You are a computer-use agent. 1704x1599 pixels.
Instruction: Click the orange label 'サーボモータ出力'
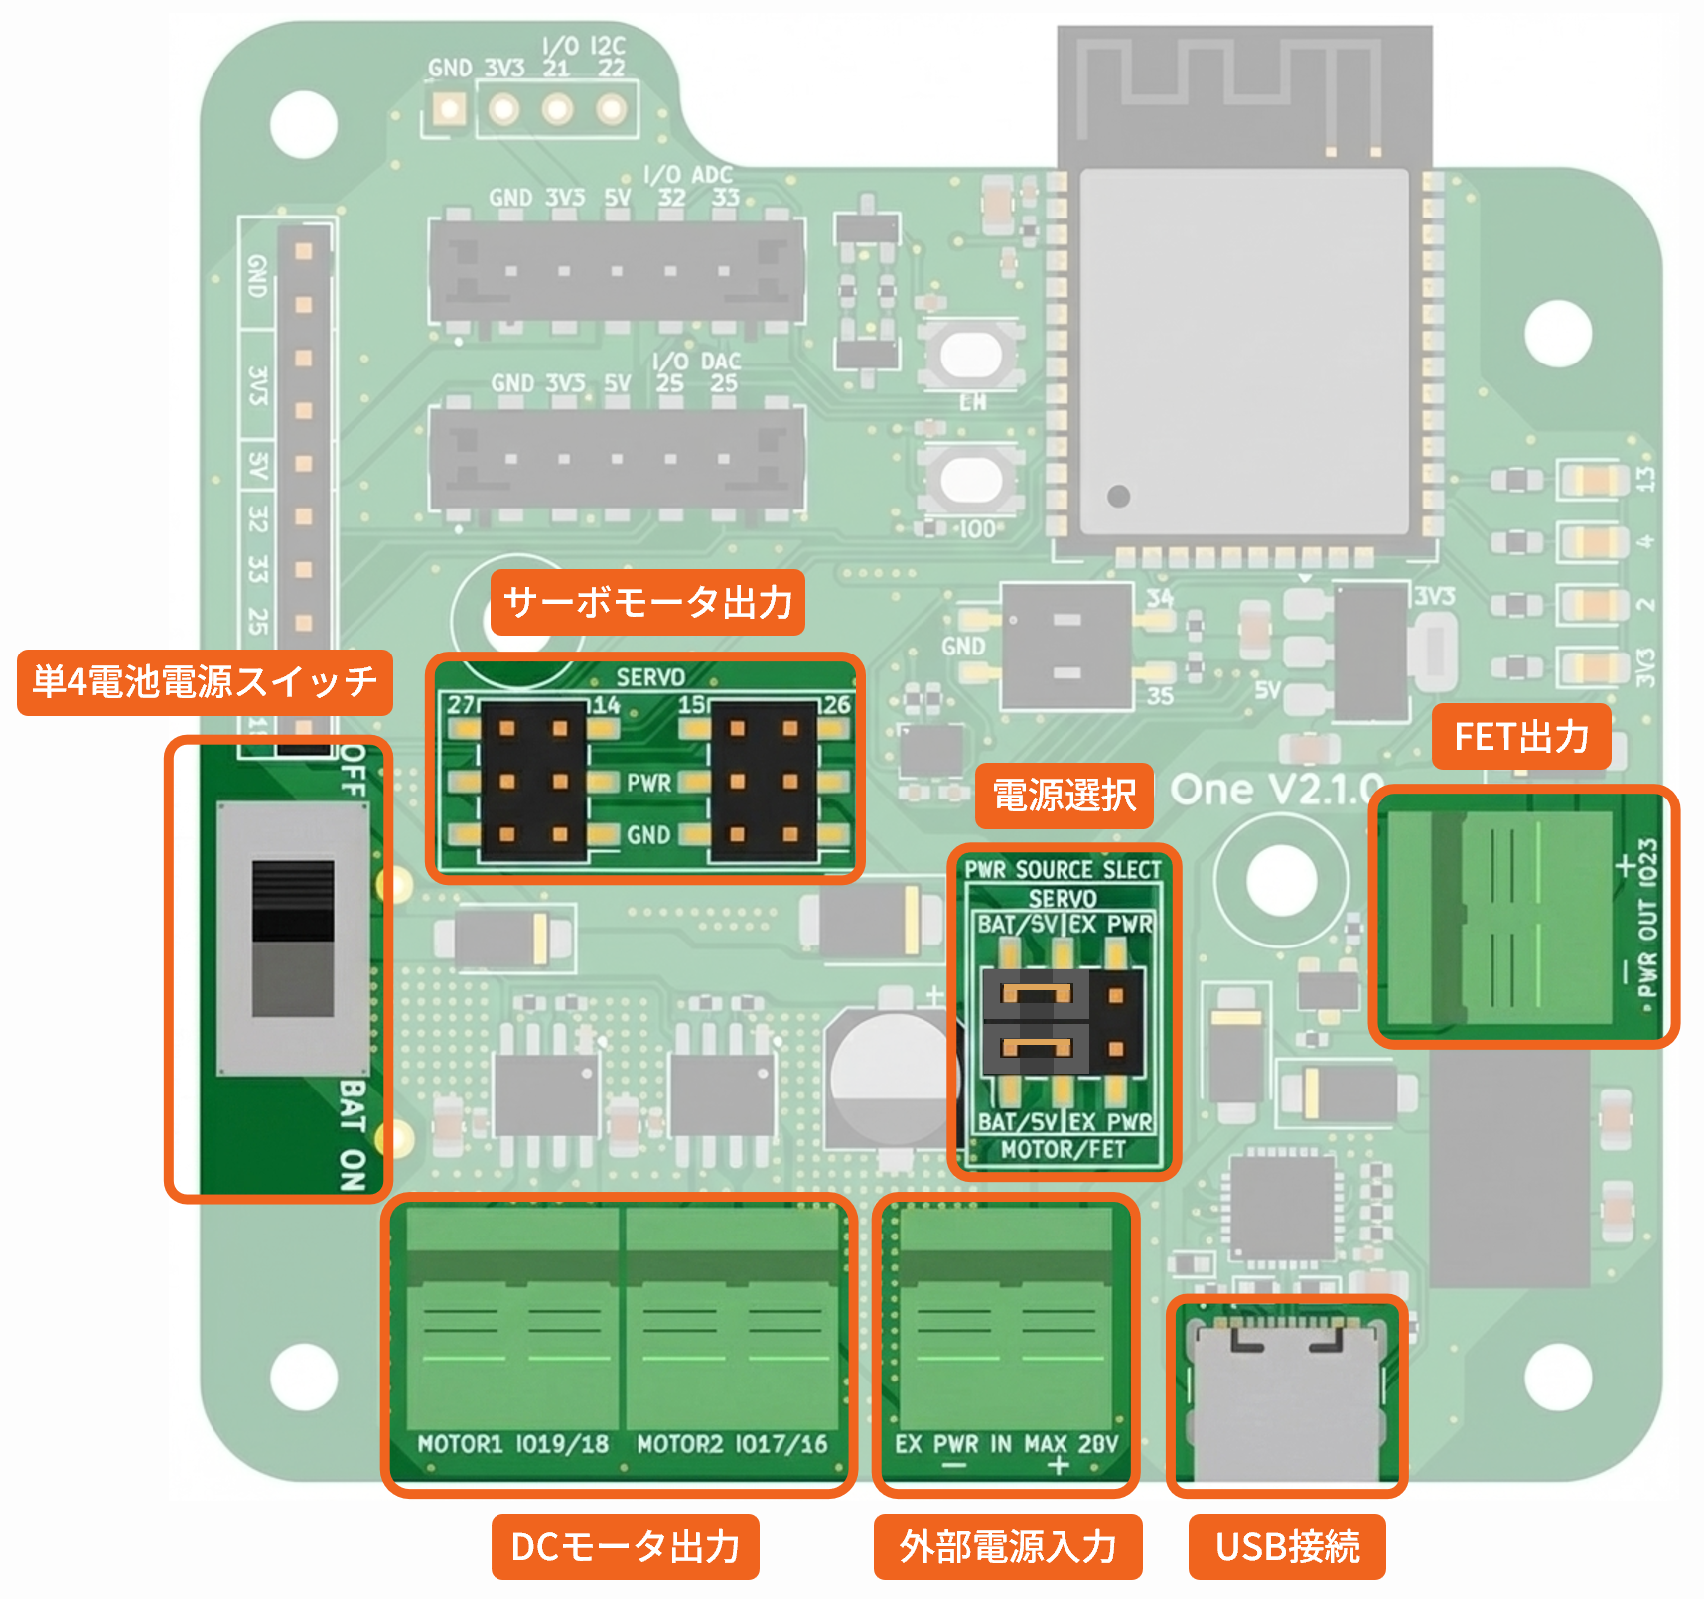coord(647,603)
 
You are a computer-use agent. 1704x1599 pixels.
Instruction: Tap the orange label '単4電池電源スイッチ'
coord(205,682)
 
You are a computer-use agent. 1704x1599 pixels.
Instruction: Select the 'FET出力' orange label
coord(1520,737)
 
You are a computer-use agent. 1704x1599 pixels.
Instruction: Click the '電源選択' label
coord(1064,796)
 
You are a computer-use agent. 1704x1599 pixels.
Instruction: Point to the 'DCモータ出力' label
coord(625,1546)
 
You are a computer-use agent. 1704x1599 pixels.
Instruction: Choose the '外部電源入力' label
coord(1007,1546)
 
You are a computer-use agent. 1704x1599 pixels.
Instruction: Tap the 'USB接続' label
coord(1287,1546)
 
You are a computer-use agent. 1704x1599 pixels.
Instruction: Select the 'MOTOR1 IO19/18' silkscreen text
coord(512,1444)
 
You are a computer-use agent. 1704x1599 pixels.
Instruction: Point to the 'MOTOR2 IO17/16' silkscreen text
coord(732,1444)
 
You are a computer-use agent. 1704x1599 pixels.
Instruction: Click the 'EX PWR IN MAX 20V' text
coord(1006,1444)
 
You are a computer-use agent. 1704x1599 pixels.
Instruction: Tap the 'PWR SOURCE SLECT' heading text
coord(1063,870)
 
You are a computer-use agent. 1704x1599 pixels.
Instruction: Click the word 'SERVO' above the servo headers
coord(650,677)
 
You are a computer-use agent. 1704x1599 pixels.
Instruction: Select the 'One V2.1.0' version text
coord(1275,791)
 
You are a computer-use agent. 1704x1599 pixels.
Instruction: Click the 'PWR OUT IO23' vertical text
coord(1648,918)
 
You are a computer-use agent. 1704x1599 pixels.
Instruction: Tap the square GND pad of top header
coord(449,109)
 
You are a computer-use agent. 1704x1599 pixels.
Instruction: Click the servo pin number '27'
coord(460,705)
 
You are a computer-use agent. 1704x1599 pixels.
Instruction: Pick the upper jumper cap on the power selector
coord(1036,993)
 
